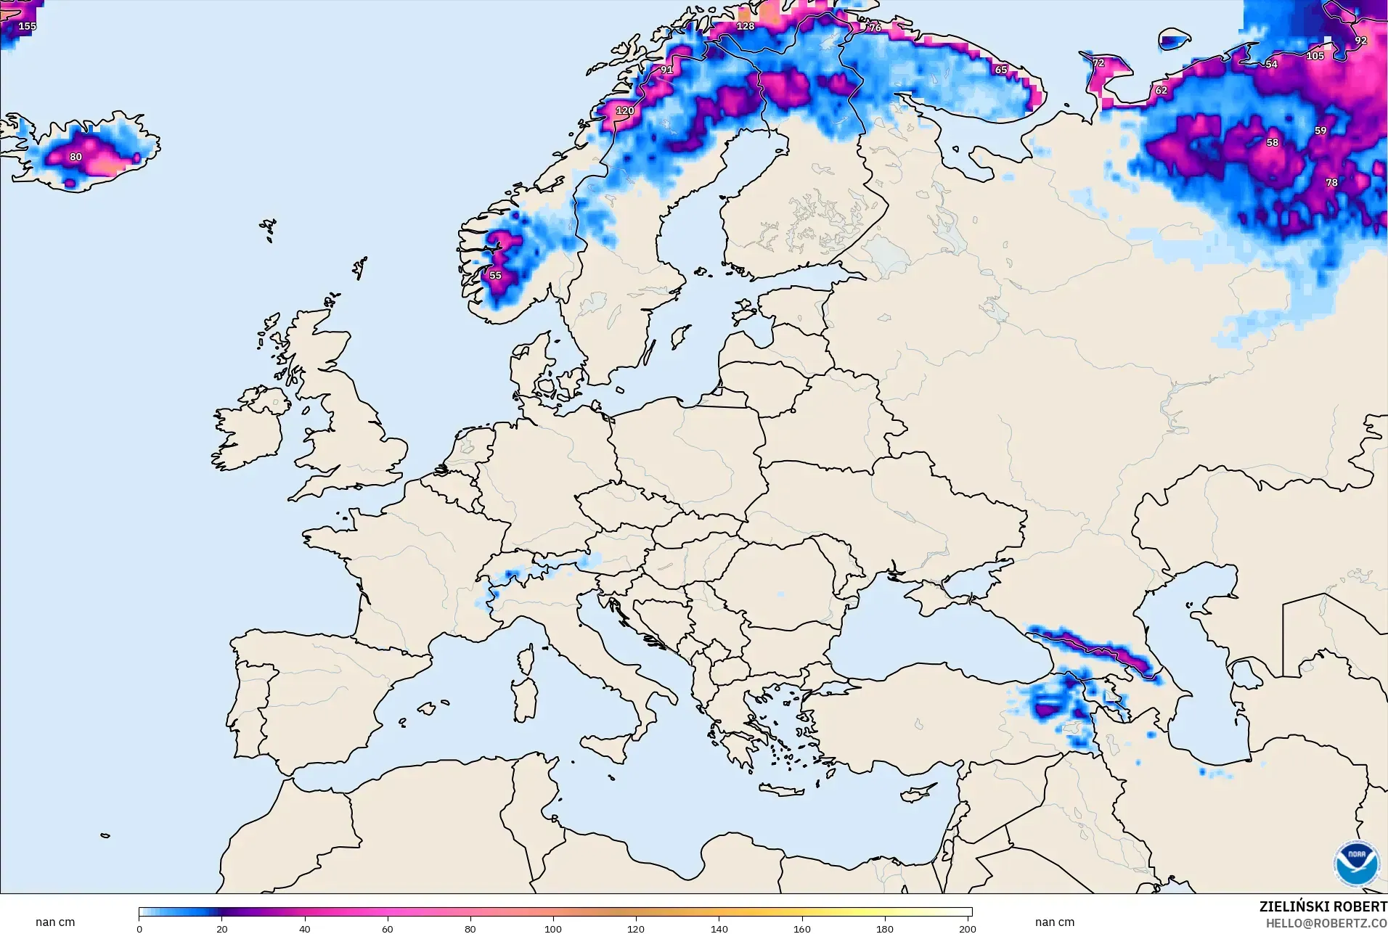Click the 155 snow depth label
click(27, 26)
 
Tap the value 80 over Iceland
click(75, 157)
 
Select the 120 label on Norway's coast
click(624, 111)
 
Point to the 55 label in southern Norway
click(495, 276)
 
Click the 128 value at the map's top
click(746, 26)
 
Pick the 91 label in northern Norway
click(666, 70)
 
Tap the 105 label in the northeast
click(1315, 56)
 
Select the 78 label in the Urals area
click(1331, 183)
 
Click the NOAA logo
click(1356, 864)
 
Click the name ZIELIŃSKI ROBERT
click(1323, 907)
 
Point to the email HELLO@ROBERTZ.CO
click(1326, 924)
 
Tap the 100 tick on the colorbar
click(553, 929)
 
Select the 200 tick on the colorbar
click(967, 929)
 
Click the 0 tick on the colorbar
click(139, 929)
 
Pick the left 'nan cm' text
click(55, 922)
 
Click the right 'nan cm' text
click(1054, 922)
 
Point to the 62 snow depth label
click(1161, 91)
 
